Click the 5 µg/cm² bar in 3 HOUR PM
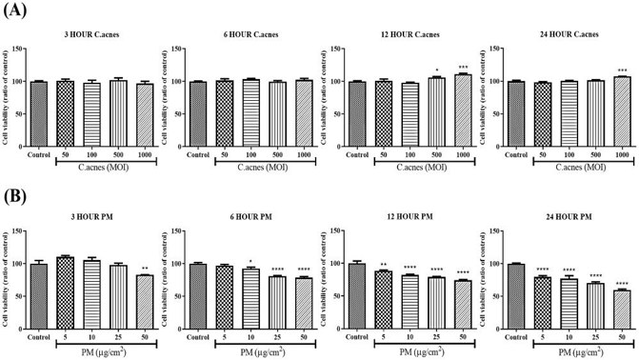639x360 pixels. (65, 290)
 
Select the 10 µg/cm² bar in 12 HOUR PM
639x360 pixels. (411, 299)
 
